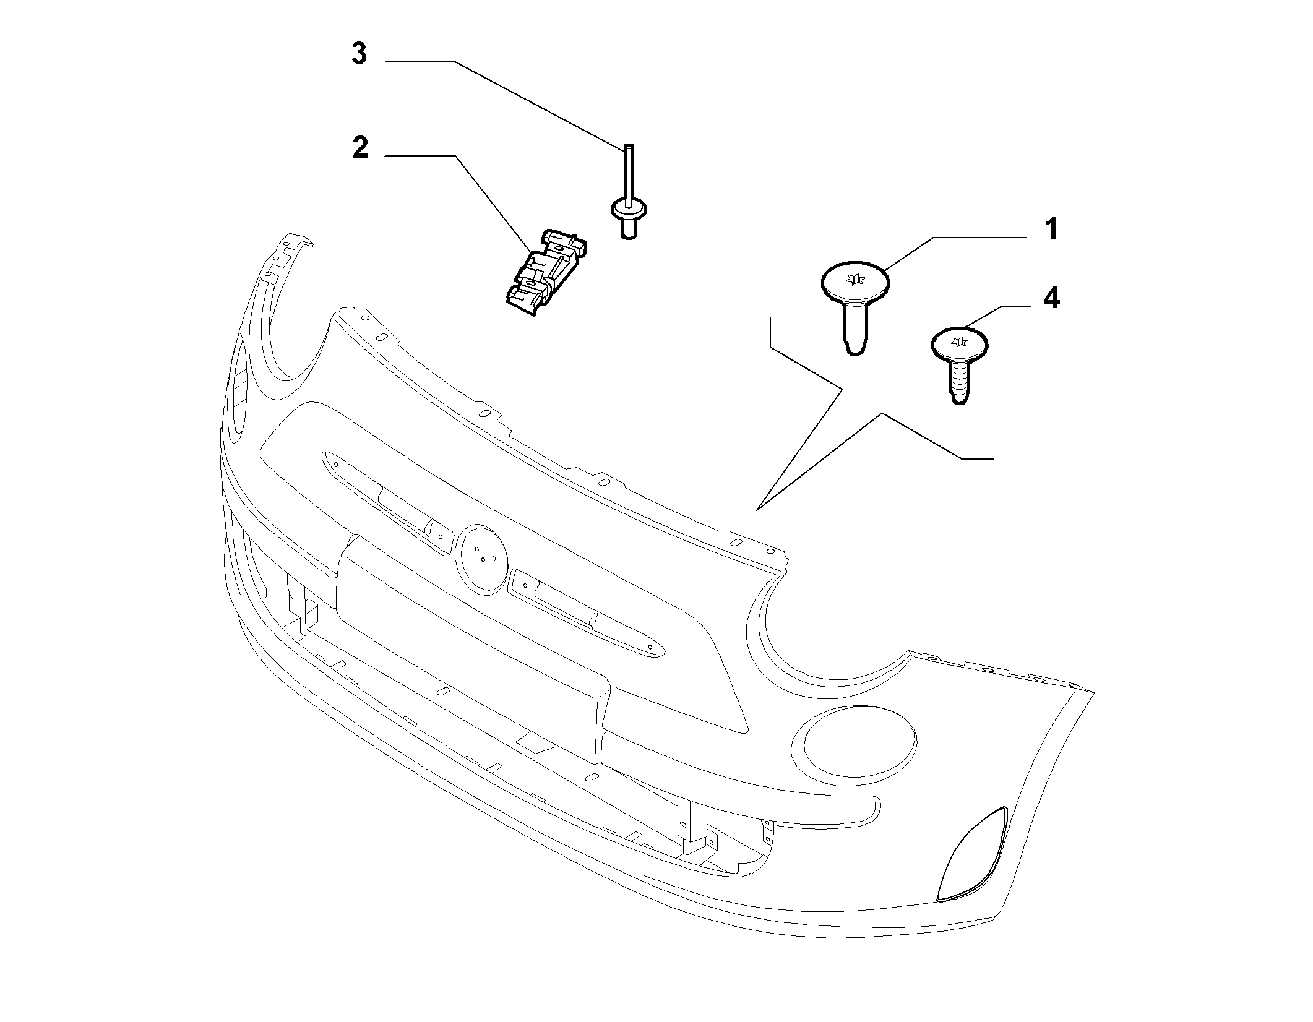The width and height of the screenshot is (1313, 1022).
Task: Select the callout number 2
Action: tap(360, 148)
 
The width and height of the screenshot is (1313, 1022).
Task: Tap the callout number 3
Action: tap(359, 54)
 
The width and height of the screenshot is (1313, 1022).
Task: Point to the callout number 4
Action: tap(1051, 298)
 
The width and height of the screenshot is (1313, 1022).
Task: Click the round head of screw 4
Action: tap(959, 344)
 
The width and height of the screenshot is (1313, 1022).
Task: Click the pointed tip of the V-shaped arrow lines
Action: tap(757, 510)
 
